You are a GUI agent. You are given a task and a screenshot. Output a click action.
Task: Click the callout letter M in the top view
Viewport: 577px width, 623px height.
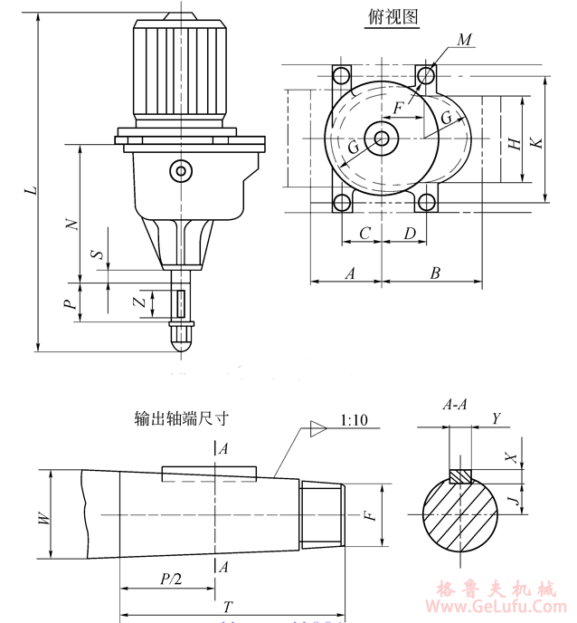464,40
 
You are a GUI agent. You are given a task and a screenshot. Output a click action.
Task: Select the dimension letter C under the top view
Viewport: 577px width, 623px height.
364,234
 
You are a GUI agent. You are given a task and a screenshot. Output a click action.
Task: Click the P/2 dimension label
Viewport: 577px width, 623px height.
170,579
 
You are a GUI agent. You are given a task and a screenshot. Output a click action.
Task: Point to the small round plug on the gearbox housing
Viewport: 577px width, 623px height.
182,170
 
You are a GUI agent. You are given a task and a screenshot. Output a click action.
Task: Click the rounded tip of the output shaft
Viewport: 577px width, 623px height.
183,340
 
